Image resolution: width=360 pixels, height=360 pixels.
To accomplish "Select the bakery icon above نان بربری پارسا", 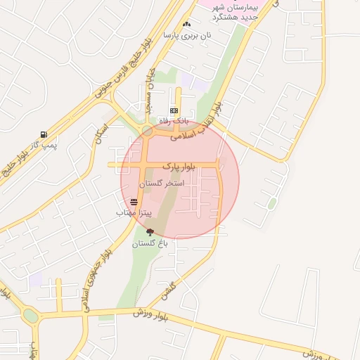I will click(x=186, y=25).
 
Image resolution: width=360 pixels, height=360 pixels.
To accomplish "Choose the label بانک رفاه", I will click(x=174, y=122).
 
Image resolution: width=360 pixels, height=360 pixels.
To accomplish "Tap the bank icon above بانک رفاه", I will click(x=174, y=111).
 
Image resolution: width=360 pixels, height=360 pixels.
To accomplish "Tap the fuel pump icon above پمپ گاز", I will click(x=44, y=134).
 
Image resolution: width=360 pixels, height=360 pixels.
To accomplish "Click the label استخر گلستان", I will click(x=161, y=183).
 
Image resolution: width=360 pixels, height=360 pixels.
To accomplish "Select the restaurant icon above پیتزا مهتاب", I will click(x=134, y=202).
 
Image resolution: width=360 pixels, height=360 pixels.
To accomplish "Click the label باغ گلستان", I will click(x=150, y=243).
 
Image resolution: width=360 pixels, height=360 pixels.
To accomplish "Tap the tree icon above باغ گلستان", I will click(x=149, y=232).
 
